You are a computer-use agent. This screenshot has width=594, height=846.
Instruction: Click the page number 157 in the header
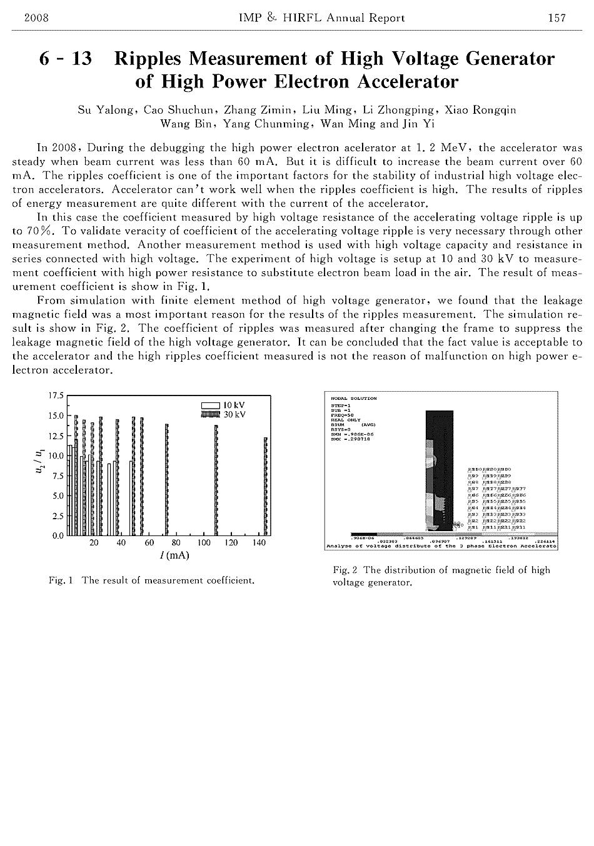click(556, 18)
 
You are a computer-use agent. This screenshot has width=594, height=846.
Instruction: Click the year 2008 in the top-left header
click(36, 18)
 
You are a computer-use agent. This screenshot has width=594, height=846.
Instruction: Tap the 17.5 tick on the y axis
click(56, 396)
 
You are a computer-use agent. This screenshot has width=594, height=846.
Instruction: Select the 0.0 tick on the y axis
click(57, 535)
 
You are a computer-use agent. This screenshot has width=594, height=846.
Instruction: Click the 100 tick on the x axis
click(204, 543)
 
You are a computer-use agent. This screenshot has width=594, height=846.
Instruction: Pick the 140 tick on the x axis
click(259, 543)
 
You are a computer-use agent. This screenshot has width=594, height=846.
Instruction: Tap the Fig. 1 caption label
click(61, 580)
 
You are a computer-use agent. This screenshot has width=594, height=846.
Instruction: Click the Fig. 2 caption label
click(345, 570)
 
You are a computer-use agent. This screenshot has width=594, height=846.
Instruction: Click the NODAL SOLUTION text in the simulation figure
click(354, 398)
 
